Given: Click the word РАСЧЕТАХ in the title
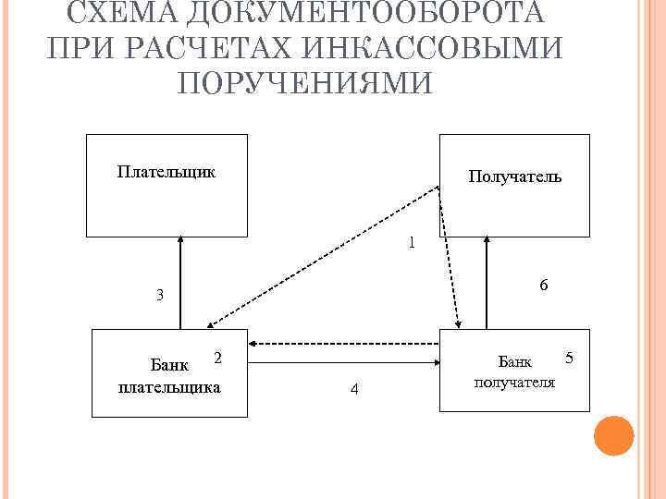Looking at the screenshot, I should tap(204, 48).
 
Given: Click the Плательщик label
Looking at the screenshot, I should tap(167, 171).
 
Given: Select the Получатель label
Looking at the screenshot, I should tap(514, 176).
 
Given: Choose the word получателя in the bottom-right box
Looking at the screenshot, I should tap(514, 381).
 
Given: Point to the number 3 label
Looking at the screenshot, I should tap(160, 296).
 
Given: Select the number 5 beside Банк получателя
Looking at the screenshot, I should tap(569, 357).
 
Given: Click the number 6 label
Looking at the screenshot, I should tap(544, 286).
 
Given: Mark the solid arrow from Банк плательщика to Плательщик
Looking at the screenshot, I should tap(181, 282).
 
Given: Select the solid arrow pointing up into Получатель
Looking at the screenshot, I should tap(487, 282).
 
